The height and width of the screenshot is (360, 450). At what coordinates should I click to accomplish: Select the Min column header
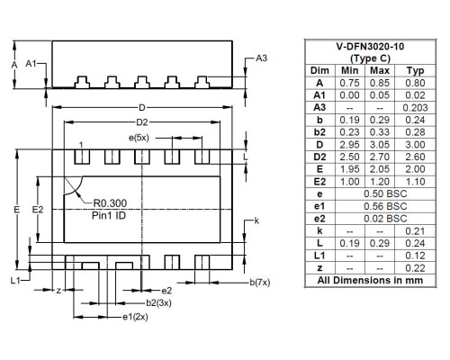pos(352,68)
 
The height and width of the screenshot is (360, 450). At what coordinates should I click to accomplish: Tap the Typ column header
pos(414,68)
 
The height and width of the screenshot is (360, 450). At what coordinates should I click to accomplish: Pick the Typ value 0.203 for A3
pos(414,106)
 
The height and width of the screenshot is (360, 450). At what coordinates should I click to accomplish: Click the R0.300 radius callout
pos(110,203)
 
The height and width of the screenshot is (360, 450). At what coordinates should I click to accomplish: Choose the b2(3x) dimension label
pos(160,303)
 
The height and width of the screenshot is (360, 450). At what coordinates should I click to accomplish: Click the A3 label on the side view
pos(261,58)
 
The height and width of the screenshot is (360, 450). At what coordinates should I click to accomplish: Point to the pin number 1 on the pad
pos(81,145)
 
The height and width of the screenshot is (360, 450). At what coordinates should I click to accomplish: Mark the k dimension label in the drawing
pos(256,221)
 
